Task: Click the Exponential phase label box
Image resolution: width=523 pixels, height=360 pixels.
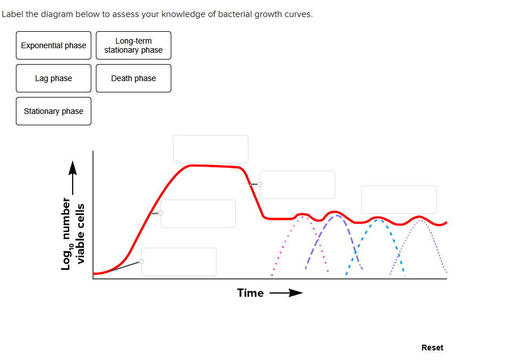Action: [x=53, y=45]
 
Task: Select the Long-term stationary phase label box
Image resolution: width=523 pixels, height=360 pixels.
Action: [x=133, y=45]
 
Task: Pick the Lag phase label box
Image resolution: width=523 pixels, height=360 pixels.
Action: [x=53, y=78]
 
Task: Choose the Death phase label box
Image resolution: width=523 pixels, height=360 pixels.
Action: [x=133, y=78]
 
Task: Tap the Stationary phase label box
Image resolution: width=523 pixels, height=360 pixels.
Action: [x=53, y=111]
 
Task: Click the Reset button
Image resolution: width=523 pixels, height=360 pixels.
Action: [x=432, y=348]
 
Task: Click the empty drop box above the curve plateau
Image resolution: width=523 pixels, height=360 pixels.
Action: [x=210, y=149]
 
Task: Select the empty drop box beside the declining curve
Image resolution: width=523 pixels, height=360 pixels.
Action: [x=297, y=185]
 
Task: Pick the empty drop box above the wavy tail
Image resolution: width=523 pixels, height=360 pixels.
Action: [x=399, y=200]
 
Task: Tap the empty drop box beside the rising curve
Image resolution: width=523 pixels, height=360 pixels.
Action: [x=198, y=214]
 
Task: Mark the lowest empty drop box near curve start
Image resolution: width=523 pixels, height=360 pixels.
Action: [x=179, y=262]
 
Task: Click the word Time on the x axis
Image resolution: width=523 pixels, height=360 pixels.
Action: [x=250, y=293]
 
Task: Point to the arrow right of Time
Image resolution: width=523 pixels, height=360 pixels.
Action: [x=286, y=293]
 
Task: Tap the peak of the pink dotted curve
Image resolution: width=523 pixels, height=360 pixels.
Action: [x=303, y=217]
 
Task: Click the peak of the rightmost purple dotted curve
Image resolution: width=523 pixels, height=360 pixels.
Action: [x=420, y=220]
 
